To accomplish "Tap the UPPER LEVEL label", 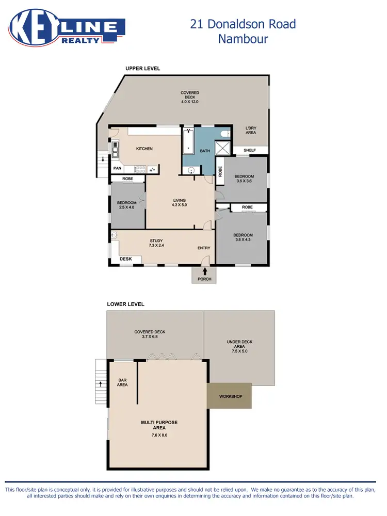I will pos(143,69).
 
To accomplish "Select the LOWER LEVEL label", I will pos(125,304).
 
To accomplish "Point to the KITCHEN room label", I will pos(144,149).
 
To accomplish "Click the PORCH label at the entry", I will pos(205,279).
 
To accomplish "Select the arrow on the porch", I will pos(205,271).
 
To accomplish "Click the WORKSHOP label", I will pos(231,396).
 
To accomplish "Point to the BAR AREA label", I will pos(122,382).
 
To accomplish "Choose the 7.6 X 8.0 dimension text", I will pos(159,435).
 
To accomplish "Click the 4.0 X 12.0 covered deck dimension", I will pos(190,102).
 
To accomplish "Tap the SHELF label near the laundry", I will pos(250,151).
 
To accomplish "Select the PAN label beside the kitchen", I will pos(117,168).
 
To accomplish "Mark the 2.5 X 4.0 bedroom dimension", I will pos(126,207).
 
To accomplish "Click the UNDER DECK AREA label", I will pos(239,346).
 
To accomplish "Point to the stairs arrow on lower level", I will pos(100,384).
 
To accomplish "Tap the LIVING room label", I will pos(179,200).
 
